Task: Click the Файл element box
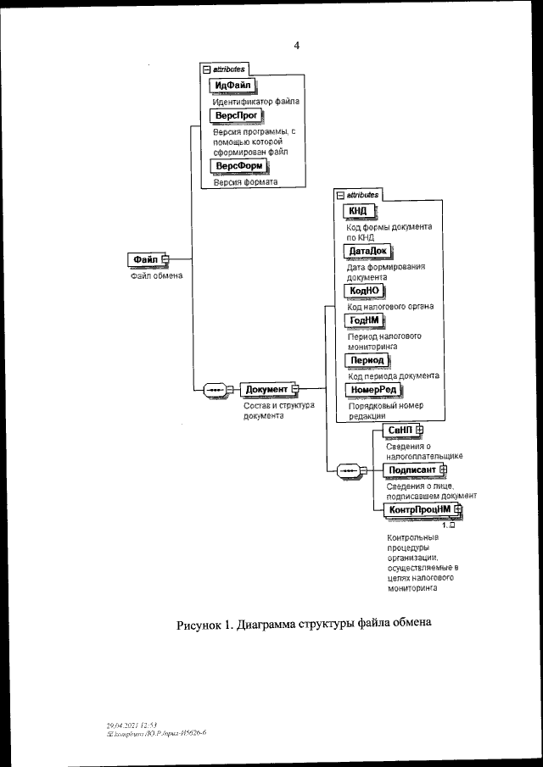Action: [x=143, y=258]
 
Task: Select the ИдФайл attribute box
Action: [x=232, y=86]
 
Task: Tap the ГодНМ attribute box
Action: [x=365, y=320]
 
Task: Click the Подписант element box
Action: [x=411, y=470]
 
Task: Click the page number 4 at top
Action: [x=296, y=47]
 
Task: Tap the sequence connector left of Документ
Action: [x=214, y=390]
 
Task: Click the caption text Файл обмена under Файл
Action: [x=156, y=275]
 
